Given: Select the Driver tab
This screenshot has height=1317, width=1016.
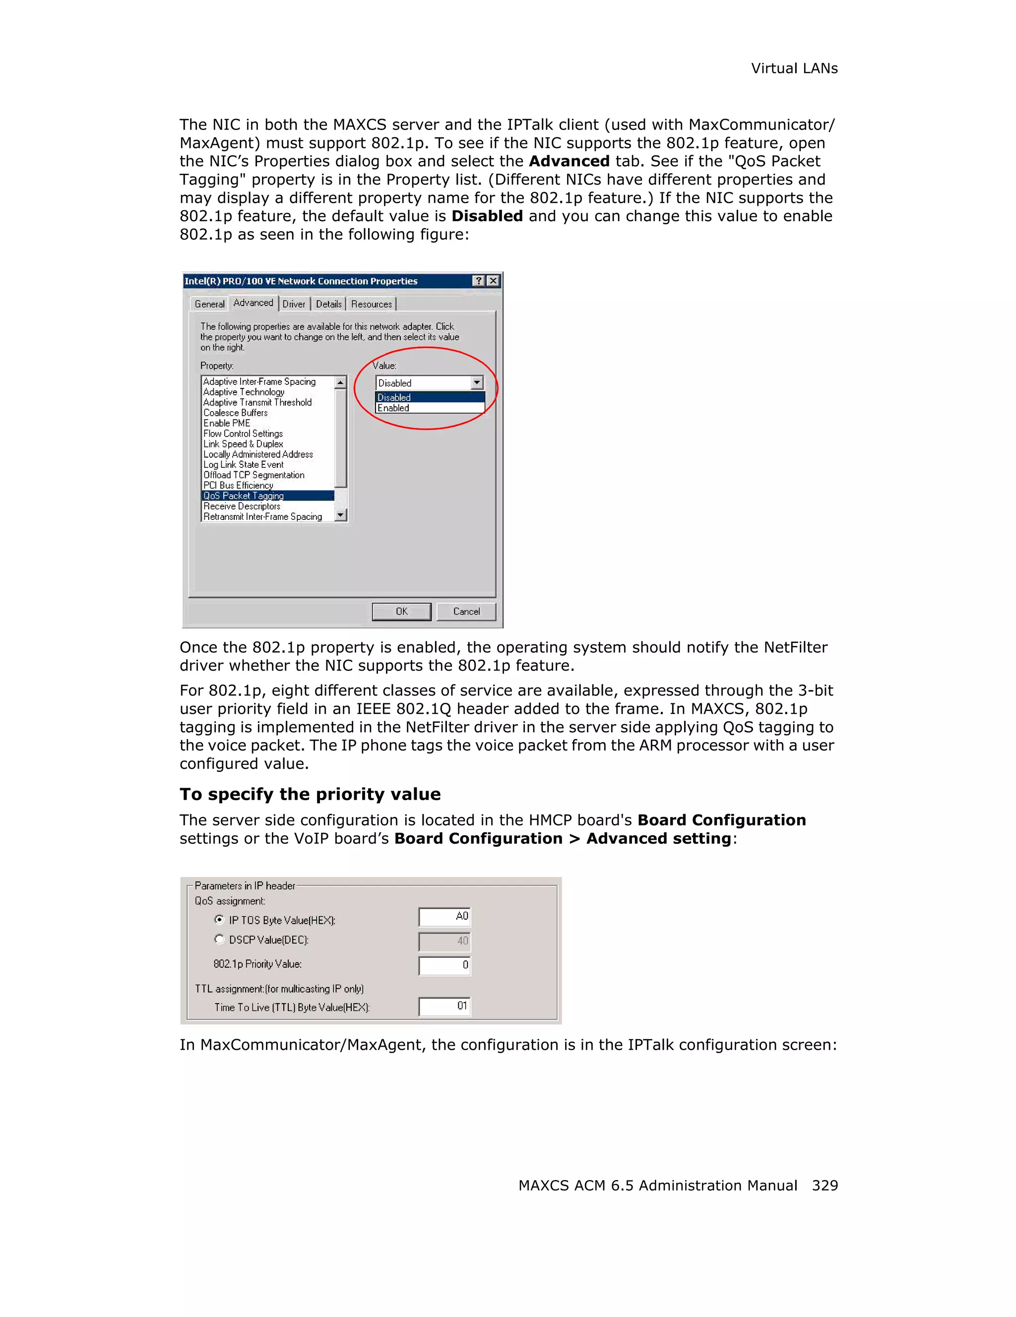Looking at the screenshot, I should pos(294,304).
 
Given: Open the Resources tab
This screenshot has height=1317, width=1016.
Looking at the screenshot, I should pos(372,304).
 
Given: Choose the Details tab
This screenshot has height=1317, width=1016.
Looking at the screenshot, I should pos(328,304).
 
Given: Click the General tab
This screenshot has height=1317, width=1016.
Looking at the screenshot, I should pos(209,304).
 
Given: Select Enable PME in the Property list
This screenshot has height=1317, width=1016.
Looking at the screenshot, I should pos(227,423).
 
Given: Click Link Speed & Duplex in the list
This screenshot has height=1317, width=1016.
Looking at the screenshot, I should pos(243,444).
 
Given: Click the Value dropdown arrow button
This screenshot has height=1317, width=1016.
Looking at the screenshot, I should pos(477,382).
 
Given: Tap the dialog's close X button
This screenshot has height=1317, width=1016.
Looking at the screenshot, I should pos(493,280).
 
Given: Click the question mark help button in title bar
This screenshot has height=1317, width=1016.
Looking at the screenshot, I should pos(478,280).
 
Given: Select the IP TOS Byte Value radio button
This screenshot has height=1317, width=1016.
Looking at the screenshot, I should pos(219,919).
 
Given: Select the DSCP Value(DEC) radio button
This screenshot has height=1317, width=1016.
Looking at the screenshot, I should pos(219,939).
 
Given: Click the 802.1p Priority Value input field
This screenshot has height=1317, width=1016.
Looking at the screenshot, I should pos(444,965).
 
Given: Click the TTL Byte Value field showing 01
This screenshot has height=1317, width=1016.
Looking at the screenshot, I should pos(444,1006).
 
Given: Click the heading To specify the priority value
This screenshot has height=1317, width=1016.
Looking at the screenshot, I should pos(310,794).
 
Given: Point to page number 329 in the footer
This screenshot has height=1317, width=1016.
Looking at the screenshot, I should pos(824,1185).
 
